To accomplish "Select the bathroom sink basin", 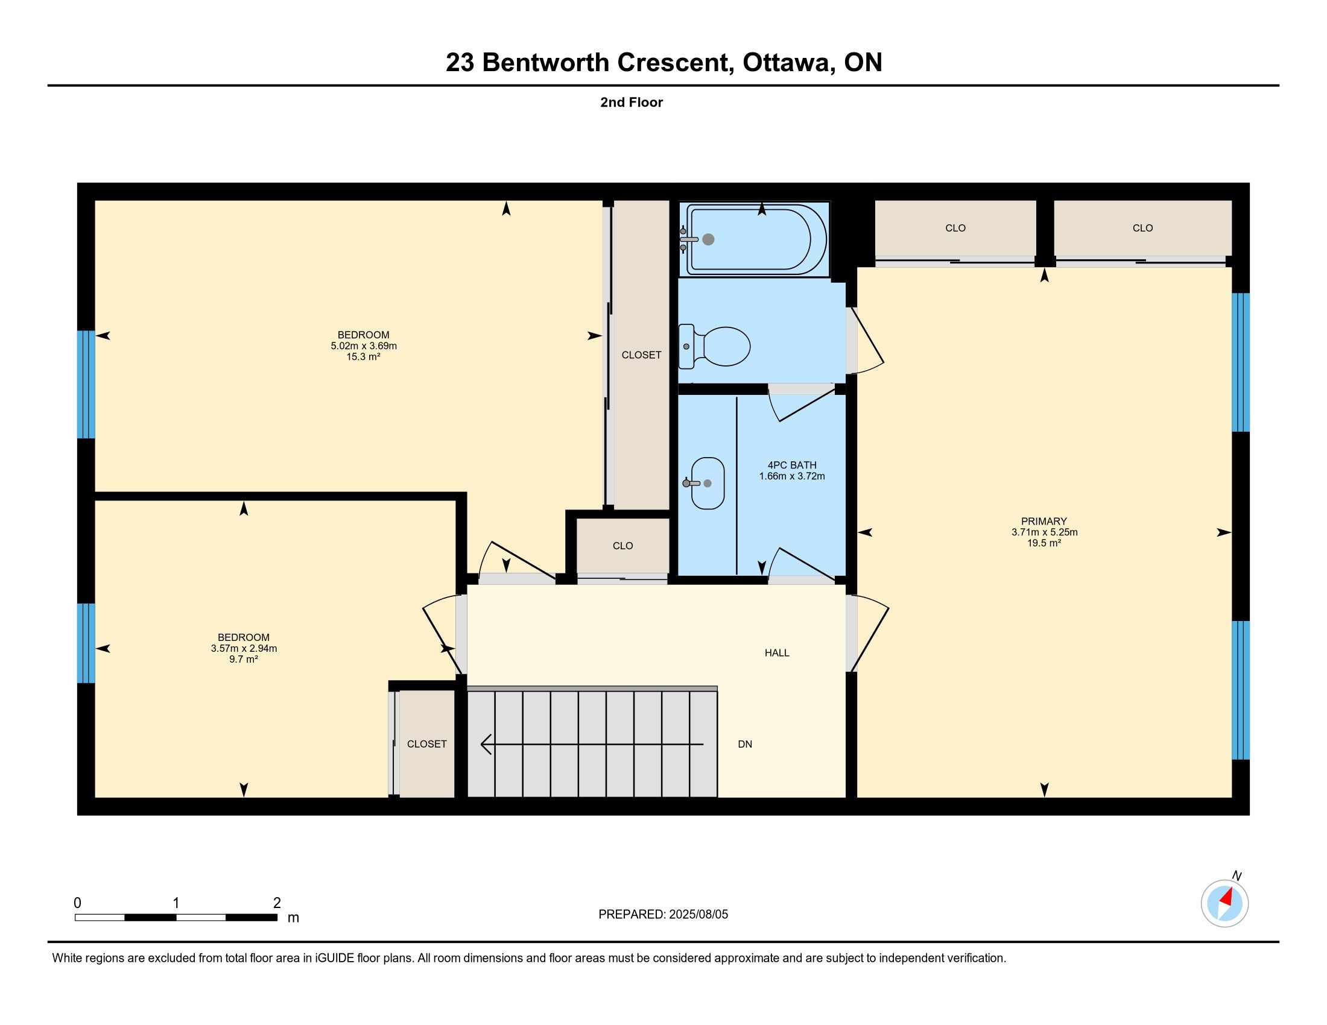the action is pyautogui.click(x=708, y=484).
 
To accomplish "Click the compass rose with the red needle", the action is pyautogui.click(x=1224, y=903).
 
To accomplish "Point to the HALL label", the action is pyautogui.click(x=776, y=653).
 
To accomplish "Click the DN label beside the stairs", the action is pyautogui.click(x=745, y=744).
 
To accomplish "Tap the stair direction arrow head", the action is pyautogui.click(x=486, y=744).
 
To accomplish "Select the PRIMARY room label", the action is pyautogui.click(x=1044, y=521).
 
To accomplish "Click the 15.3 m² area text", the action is pyautogui.click(x=363, y=357).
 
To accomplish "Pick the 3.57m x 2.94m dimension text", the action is pyautogui.click(x=244, y=648).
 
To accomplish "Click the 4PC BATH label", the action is pyautogui.click(x=792, y=465).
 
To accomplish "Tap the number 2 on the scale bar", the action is pyautogui.click(x=277, y=903).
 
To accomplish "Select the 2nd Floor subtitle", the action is pyautogui.click(x=632, y=102).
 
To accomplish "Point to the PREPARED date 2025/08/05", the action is pyautogui.click(x=698, y=915).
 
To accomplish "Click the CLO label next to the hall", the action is pyautogui.click(x=623, y=546).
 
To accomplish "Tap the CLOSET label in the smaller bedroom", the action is pyautogui.click(x=426, y=744).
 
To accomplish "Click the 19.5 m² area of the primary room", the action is pyautogui.click(x=1044, y=543).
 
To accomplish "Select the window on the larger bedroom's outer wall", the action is pyautogui.click(x=86, y=385).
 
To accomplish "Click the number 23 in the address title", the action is pyautogui.click(x=460, y=63).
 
